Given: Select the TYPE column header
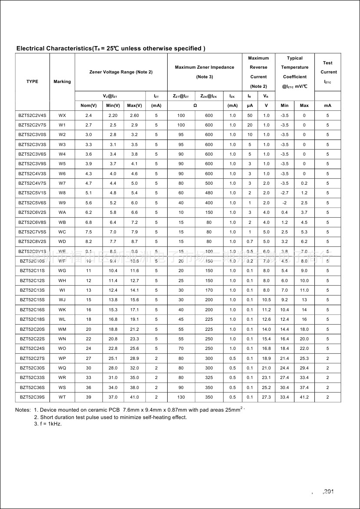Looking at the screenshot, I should point(32,81).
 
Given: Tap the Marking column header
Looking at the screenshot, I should point(62,81).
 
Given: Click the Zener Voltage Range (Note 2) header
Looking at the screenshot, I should point(121,72).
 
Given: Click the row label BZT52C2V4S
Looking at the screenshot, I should point(32,115).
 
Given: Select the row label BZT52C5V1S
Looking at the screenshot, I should point(32,193).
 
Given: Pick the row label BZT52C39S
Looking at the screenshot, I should point(32,397).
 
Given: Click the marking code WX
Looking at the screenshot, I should point(62,115).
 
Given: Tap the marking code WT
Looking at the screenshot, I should point(62,397).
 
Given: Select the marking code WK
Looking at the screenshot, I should point(62,309).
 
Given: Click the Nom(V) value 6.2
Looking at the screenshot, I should point(89,213).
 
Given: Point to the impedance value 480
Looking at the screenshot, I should point(209,193).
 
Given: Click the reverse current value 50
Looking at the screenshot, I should point(250,115).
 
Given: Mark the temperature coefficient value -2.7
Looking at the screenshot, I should point(284,193).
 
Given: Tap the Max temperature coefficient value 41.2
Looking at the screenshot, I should point(304,397).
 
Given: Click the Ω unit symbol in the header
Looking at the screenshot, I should point(195,106).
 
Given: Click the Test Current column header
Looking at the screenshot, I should point(328,72).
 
